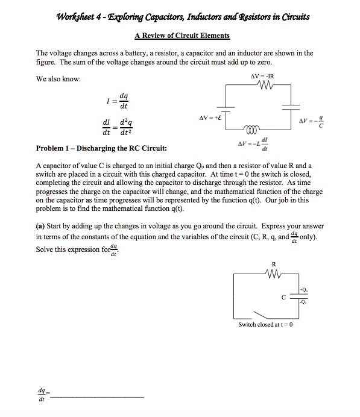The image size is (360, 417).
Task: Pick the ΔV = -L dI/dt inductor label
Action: point(254,144)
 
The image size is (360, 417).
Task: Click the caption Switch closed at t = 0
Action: point(265,325)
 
